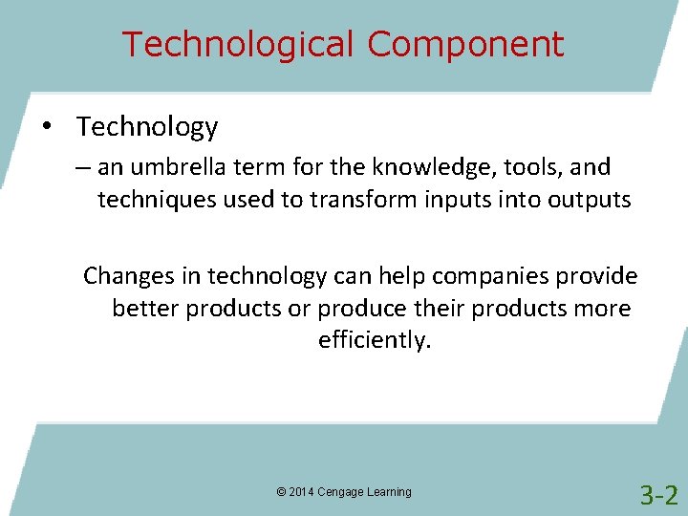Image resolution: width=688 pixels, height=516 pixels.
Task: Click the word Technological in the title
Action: (239, 44)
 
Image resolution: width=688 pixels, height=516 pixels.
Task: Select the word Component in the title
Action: (465, 44)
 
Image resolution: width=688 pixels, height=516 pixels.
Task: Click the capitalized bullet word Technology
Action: (147, 127)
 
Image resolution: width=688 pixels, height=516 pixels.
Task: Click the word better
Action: (145, 309)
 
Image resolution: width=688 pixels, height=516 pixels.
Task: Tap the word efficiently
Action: (374, 341)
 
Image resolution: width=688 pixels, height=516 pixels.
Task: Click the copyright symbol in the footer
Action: (281, 492)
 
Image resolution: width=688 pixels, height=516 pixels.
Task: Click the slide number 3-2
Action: (658, 495)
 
